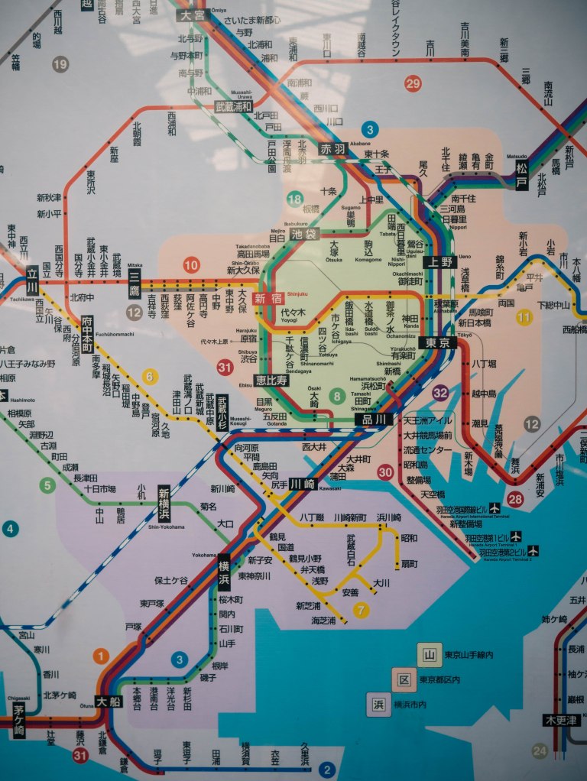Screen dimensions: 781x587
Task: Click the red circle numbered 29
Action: (x=413, y=84)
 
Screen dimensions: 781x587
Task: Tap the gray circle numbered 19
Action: (x=60, y=64)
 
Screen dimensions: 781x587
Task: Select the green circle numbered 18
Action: (x=294, y=200)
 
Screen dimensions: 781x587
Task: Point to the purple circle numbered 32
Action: (x=440, y=393)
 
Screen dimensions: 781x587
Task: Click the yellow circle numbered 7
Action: (x=360, y=610)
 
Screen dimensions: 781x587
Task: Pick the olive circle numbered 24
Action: (x=540, y=751)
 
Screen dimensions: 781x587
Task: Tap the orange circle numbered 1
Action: (x=101, y=655)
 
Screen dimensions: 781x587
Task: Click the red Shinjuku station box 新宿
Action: (x=269, y=299)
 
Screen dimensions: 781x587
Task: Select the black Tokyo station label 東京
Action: (x=438, y=342)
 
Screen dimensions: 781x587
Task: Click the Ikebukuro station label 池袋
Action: (x=304, y=235)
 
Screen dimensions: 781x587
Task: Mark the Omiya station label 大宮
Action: (x=191, y=15)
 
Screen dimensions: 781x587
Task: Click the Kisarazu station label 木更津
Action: (x=563, y=720)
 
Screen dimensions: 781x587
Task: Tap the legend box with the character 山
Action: (x=430, y=654)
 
